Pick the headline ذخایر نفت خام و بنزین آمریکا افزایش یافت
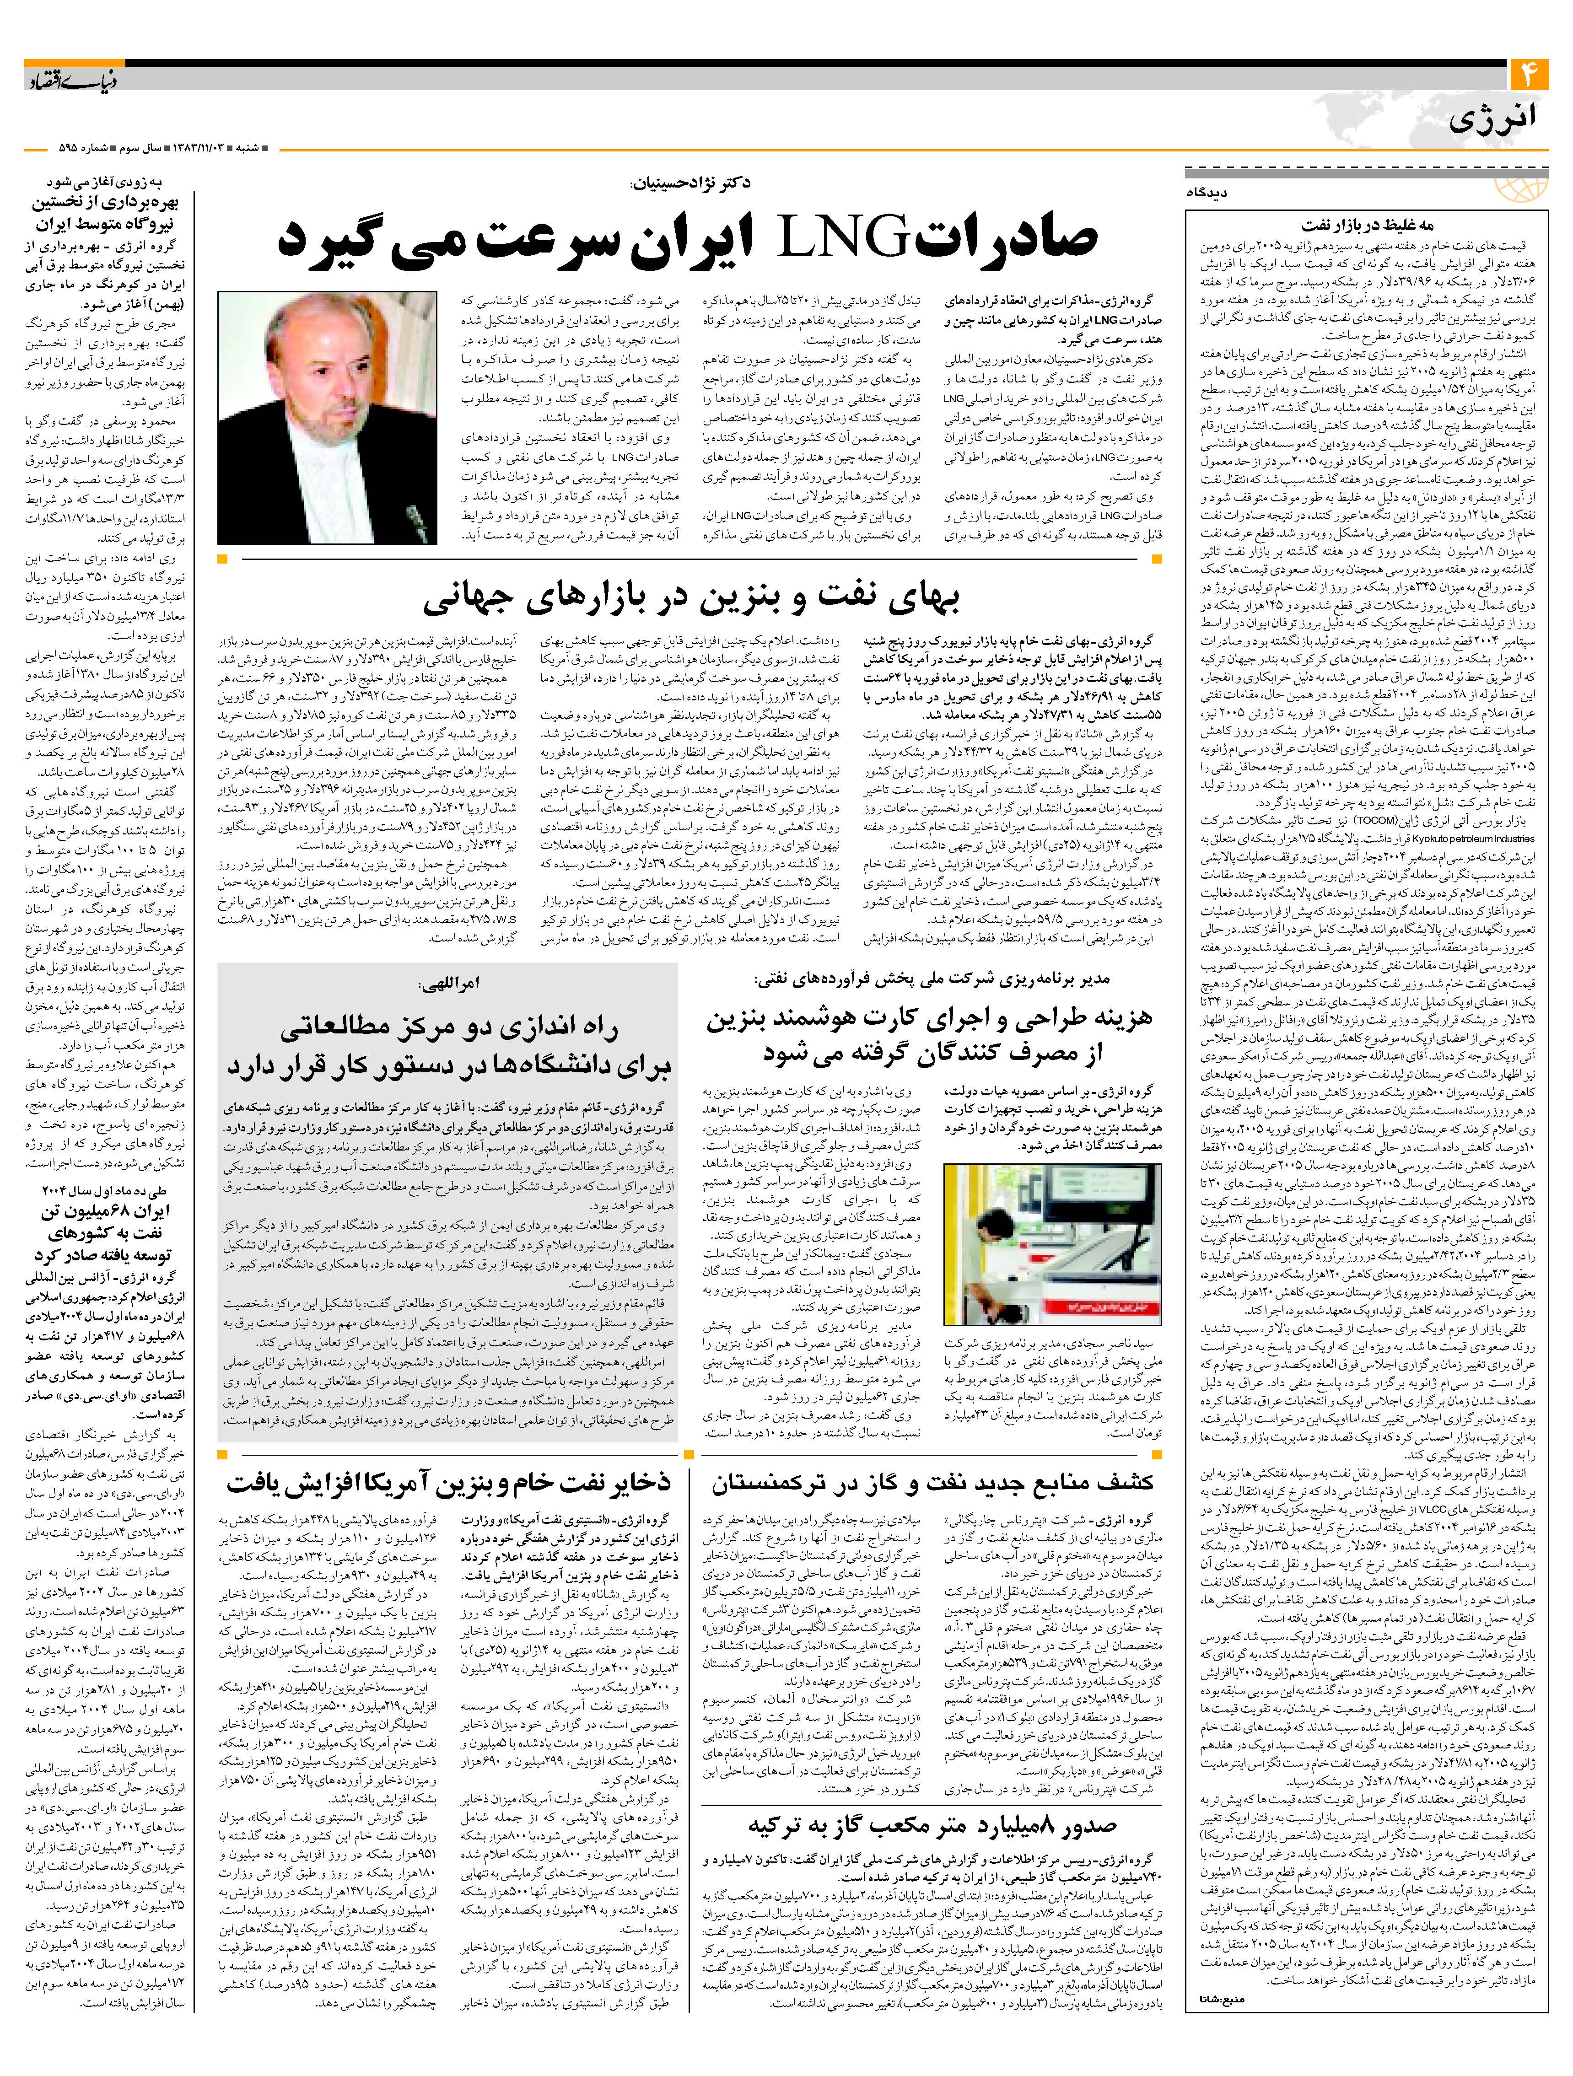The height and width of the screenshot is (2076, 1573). point(449,1483)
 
